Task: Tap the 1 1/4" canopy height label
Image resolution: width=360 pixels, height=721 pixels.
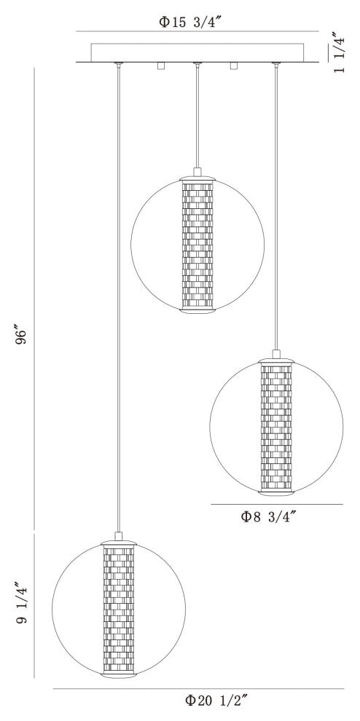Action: point(338,52)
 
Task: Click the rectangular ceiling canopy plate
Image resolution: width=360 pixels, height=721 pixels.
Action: point(197,53)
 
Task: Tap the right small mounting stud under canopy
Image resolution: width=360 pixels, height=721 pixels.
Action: point(234,67)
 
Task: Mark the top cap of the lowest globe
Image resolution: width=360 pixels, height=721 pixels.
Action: point(117,542)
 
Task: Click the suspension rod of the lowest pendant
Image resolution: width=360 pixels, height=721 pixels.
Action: point(117,291)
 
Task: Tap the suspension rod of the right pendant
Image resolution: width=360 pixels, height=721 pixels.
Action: point(275,204)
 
